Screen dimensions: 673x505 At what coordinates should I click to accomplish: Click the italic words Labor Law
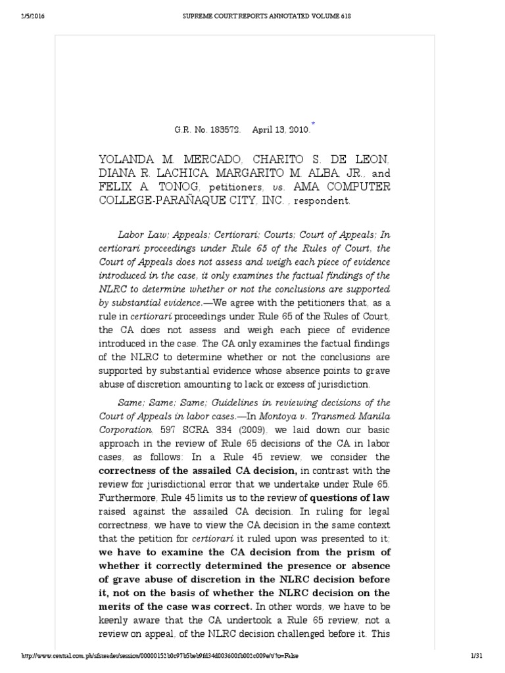point(141,234)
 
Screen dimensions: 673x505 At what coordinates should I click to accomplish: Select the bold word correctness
point(129,471)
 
